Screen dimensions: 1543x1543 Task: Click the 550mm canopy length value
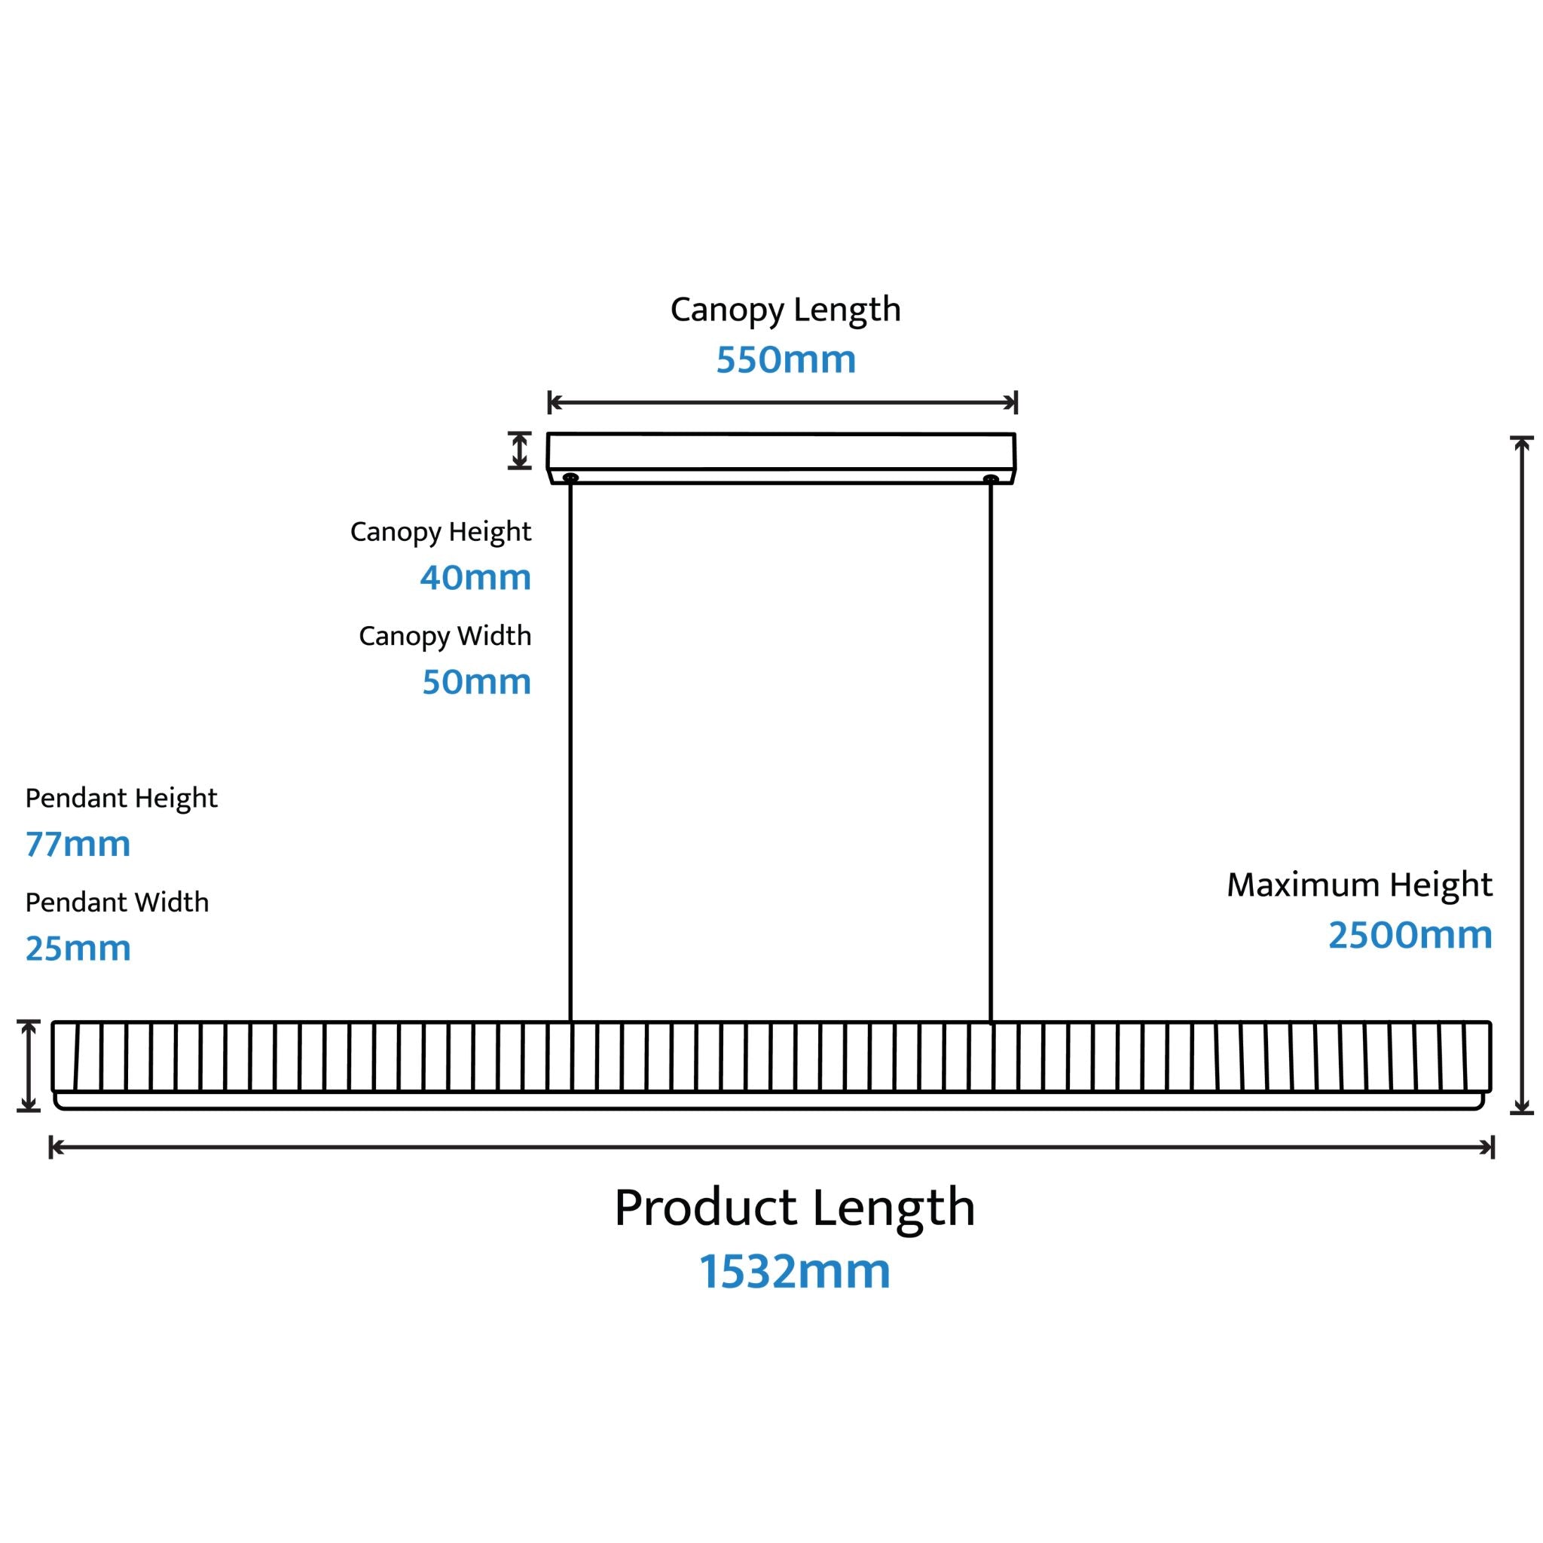point(786,359)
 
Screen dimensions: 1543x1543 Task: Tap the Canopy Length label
point(785,310)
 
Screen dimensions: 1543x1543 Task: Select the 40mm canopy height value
point(476,577)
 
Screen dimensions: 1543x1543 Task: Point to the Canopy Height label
point(441,532)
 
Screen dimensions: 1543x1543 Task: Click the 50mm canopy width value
point(477,682)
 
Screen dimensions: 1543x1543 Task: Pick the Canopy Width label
point(445,637)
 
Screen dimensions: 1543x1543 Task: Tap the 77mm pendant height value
point(78,844)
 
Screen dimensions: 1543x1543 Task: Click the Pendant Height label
point(121,799)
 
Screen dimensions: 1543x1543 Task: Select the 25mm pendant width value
point(78,949)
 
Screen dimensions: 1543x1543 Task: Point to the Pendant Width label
point(118,903)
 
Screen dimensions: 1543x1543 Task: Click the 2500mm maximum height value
point(1410,935)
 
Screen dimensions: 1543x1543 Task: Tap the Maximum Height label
point(1359,886)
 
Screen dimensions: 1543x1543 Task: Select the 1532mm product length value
point(795,1272)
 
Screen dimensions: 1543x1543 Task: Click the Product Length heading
point(795,1208)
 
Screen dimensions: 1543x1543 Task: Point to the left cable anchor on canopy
point(570,478)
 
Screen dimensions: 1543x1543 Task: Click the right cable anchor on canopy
point(991,479)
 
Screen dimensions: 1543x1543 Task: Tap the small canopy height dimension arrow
point(520,451)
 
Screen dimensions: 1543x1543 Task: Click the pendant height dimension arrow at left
point(29,1065)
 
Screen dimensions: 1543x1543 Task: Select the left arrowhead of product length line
point(56,1147)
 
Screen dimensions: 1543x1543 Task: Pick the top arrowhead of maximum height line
point(1522,444)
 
